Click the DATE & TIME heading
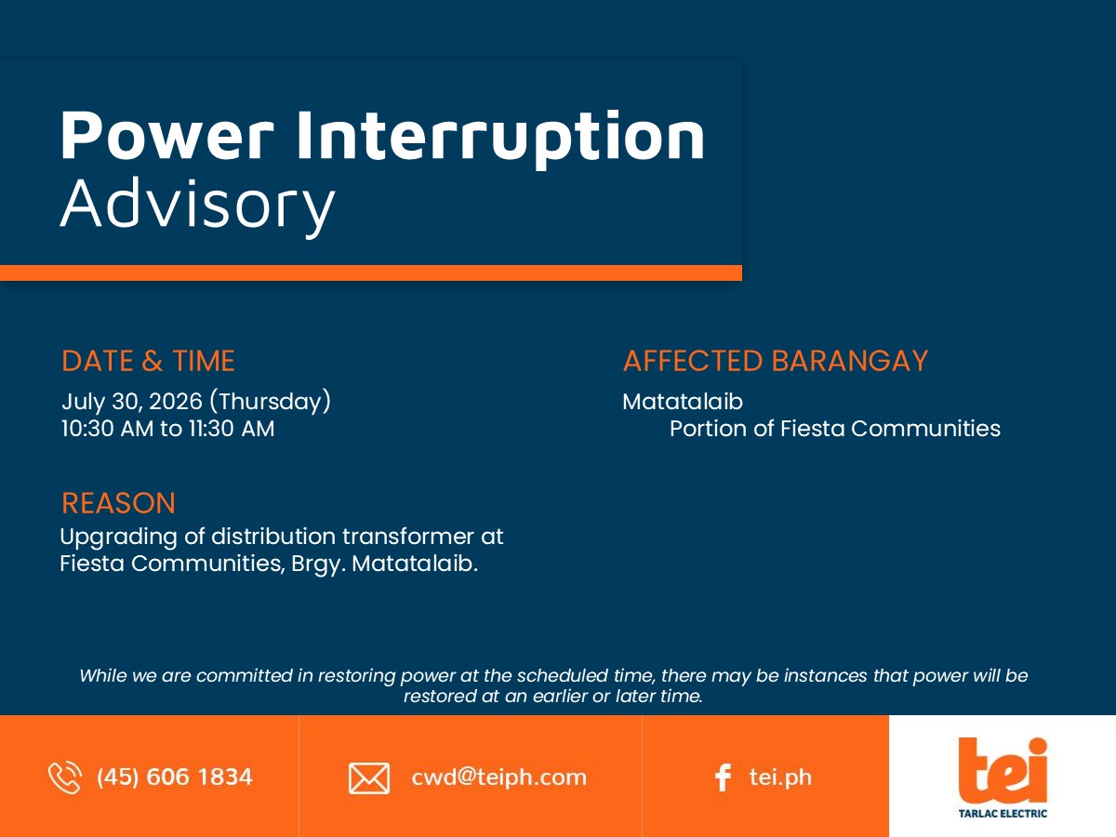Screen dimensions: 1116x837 [x=148, y=361]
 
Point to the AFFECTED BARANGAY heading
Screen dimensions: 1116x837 [x=776, y=361]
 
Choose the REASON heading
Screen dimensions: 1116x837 [x=118, y=503]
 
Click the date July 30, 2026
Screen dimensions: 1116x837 [x=132, y=402]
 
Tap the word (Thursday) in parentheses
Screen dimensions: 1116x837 [x=270, y=402]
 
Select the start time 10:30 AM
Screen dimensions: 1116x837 [x=107, y=429]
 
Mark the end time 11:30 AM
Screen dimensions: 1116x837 [x=232, y=429]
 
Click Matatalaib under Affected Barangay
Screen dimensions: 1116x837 [x=683, y=402]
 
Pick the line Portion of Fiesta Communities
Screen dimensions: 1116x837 [x=835, y=429]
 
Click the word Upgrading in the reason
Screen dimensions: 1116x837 [x=118, y=538]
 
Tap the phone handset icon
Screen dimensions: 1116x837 [x=65, y=777]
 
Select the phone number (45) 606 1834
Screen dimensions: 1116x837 [x=175, y=777]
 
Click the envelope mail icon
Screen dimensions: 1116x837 [x=369, y=778]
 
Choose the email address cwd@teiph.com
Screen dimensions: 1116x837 [x=498, y=777]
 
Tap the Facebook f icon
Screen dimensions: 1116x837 [x=723, y=777]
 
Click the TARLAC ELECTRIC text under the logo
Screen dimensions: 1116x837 [x=1003, y=814]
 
